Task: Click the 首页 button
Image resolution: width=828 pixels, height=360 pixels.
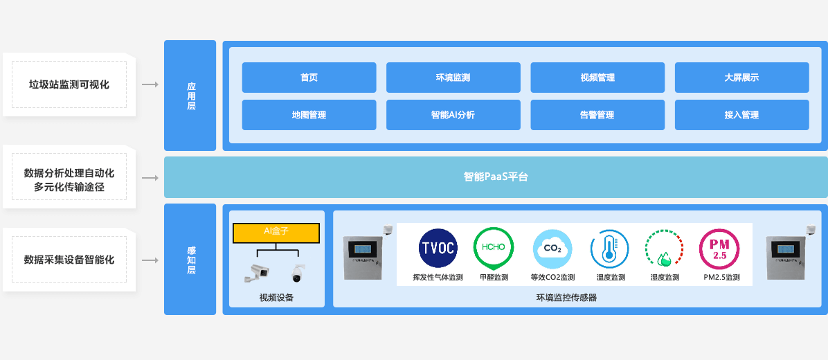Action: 309,78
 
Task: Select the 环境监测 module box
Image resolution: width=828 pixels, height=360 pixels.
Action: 453,78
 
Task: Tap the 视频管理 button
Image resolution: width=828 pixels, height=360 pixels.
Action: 597,78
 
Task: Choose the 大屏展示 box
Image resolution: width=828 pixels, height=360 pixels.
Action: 741,78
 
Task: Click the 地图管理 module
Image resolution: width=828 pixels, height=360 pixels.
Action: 309,115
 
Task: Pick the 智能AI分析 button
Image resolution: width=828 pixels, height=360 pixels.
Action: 453,115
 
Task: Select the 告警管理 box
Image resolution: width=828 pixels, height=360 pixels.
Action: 597,115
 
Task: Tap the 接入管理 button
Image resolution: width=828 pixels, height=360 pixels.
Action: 741,115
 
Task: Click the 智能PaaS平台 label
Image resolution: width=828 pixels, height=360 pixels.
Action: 496,177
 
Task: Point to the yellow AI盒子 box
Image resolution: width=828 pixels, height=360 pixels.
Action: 276,233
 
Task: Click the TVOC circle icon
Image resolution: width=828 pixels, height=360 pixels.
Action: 438,248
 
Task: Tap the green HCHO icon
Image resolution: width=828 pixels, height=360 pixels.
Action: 493,248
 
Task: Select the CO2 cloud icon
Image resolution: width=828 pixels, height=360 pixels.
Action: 552,248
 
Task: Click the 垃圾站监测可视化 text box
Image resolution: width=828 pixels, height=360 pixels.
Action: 69,84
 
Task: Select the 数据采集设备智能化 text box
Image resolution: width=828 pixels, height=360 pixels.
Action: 69,260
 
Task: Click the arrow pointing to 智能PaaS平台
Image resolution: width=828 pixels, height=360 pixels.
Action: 150,178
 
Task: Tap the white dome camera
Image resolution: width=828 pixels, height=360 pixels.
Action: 298,273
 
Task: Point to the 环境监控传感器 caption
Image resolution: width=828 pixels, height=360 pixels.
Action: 566,298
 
